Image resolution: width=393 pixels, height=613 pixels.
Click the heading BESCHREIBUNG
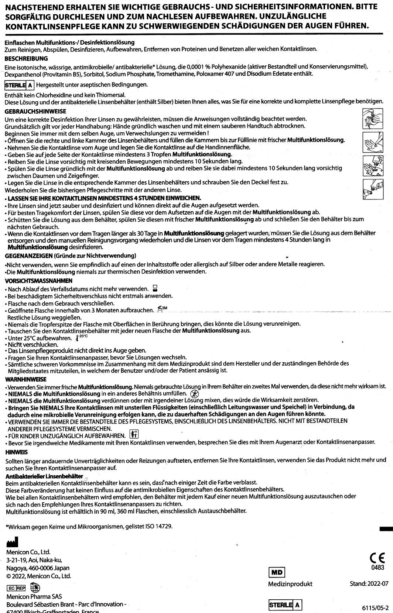21,58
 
